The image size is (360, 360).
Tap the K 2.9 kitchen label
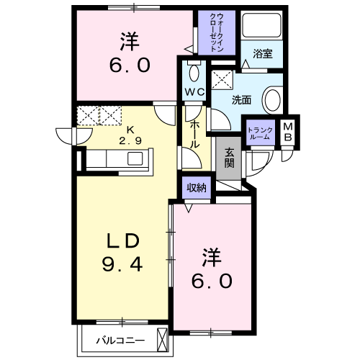click(130, 135)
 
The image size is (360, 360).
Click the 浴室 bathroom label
click(261, 52)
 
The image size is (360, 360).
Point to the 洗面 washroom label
click(241, 99)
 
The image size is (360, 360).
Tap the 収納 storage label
click(197, 187)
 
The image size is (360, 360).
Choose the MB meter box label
click(288, 132)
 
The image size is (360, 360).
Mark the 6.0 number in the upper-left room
click(130, 66)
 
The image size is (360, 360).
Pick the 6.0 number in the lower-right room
click(211, 279)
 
